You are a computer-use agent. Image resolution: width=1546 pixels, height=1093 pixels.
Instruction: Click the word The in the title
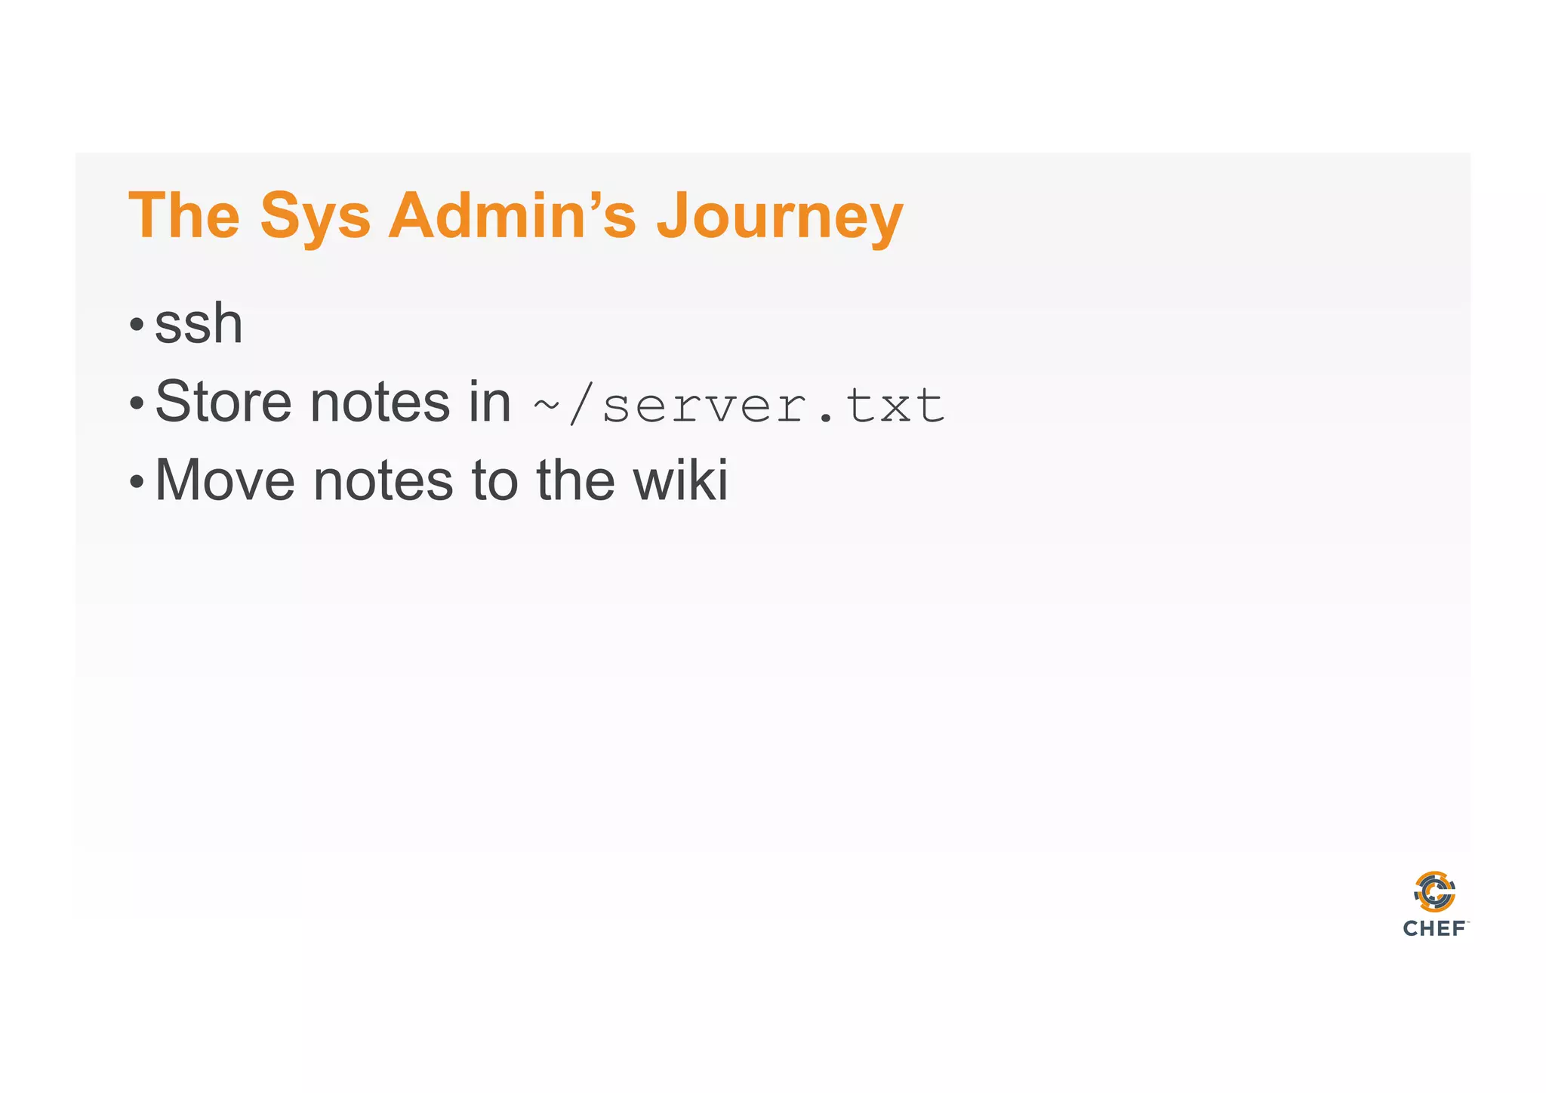(184, 216)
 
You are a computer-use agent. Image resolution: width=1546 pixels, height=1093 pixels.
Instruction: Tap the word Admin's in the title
(512, 216)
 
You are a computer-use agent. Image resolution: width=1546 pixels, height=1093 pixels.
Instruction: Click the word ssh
(199, 324)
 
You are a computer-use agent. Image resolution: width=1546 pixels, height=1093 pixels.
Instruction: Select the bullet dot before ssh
(136, 326)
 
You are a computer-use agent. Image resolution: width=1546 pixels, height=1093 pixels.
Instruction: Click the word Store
(223, 402)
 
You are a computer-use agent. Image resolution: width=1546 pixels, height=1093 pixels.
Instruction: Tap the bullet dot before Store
(136, 403)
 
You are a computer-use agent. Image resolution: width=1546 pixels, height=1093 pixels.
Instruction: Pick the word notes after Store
(380, 403)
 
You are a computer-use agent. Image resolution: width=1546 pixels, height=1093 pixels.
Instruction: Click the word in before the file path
(490, 402)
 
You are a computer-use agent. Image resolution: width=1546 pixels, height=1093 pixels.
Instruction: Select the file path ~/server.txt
(738, 406)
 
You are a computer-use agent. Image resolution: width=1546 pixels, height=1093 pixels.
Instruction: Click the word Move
(225, 480)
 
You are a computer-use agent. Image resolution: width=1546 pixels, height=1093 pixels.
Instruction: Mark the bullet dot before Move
(136, 481)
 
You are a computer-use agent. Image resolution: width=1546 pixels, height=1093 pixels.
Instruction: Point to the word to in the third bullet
(495, 481)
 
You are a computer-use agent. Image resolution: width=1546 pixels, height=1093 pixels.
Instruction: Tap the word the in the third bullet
(575, 480)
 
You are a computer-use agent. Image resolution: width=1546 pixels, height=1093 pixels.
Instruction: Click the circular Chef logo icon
(1434, 892)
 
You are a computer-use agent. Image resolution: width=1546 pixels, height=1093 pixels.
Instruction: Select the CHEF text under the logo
(1434, 928)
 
